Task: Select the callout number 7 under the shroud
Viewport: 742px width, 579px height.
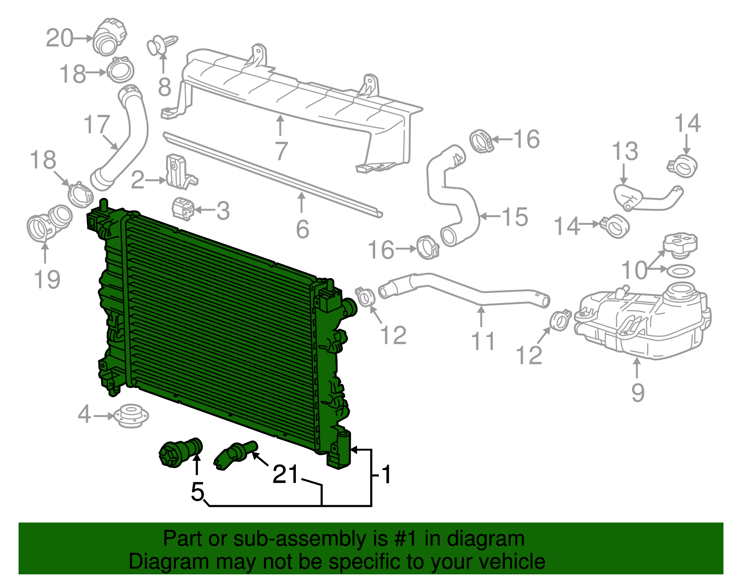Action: click(x=281, y=151)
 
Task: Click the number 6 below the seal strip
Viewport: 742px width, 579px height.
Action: click(x=302, y=229)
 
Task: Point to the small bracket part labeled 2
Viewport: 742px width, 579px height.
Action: click(x=179, y=172)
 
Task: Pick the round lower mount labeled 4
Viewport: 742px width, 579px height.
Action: click(x=131, y=415)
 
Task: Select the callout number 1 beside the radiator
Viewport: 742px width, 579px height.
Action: click(x=386, y=475)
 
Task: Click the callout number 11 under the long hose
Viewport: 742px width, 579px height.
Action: click(x=483, y=341)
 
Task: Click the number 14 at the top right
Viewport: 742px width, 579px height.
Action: click(x=687, y=123)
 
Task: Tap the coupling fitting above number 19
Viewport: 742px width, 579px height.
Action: click(x=49, y=223)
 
